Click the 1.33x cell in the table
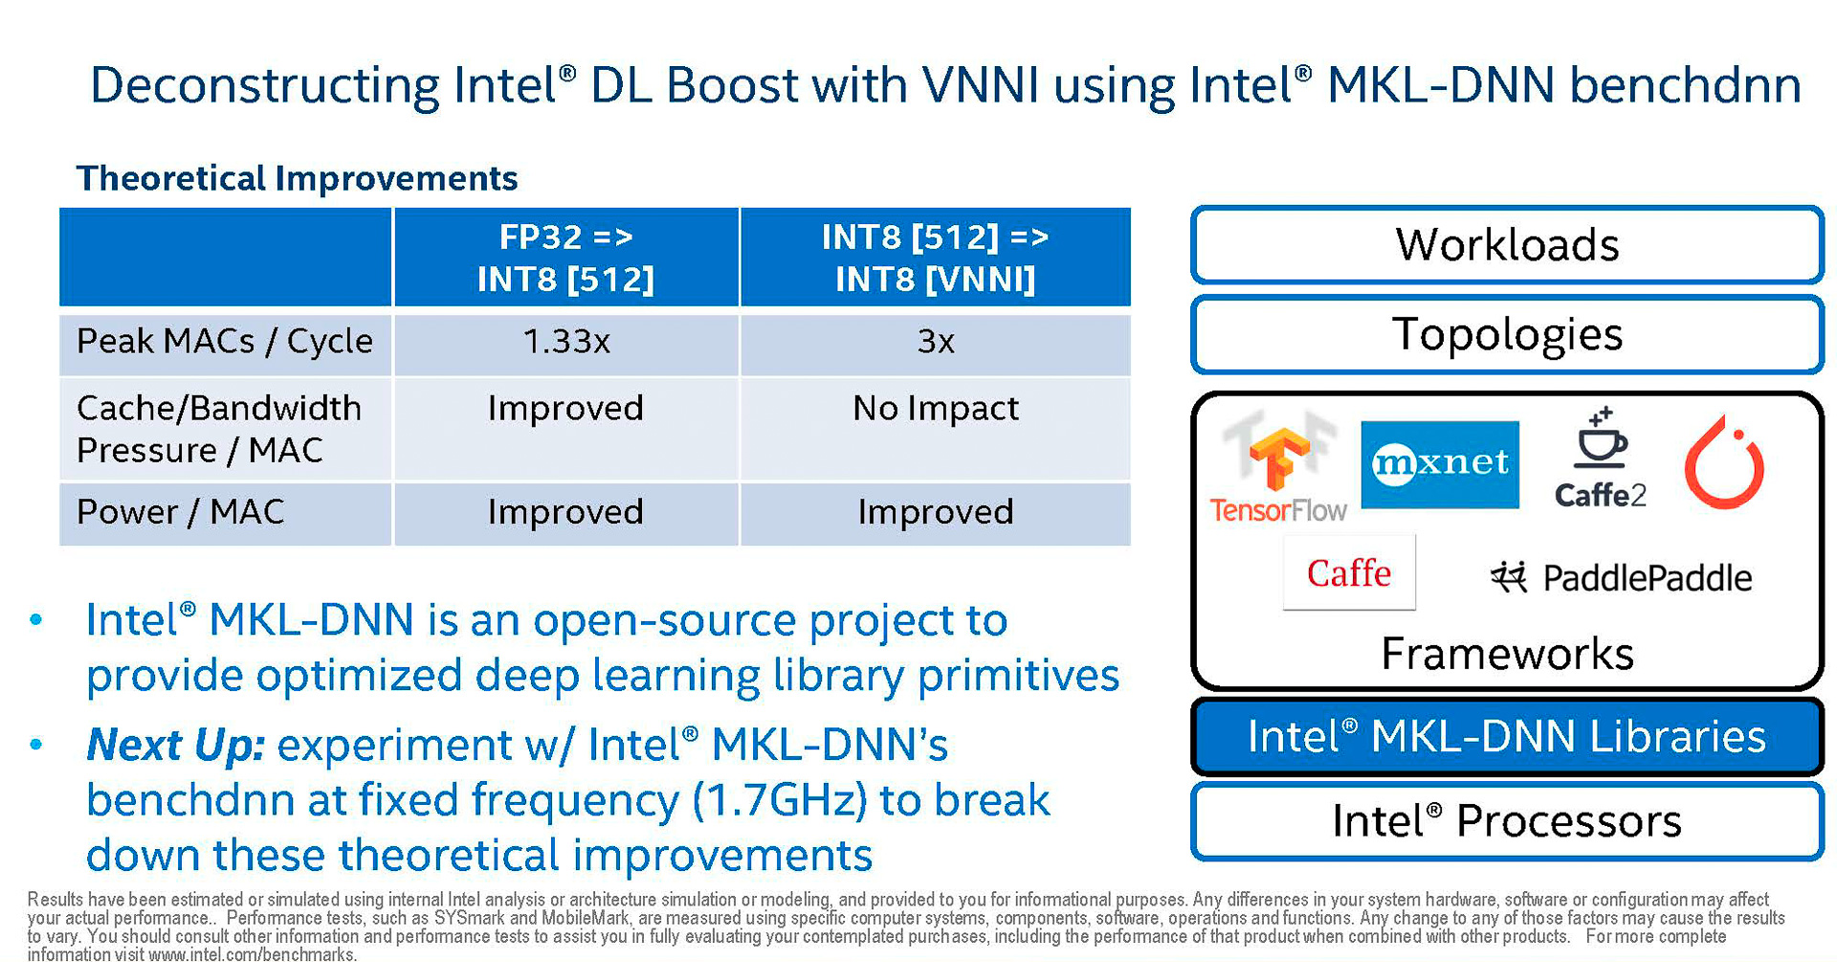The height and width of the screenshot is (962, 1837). tap(566, 342)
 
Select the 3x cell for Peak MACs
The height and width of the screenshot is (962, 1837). tap(935, 342)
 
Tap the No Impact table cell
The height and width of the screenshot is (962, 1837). tap(935, 409)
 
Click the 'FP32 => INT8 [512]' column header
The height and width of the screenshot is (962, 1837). tap(565, 257)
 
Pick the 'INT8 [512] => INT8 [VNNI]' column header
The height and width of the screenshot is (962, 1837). tap(935, 257)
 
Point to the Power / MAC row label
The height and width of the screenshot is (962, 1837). tap(181, 512)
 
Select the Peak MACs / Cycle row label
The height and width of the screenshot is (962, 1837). tap(224, 342)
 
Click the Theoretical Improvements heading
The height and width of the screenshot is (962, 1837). tap(297, 178)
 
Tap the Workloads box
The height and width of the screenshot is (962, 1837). tap(1507, 245)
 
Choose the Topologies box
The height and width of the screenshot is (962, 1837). tap(1507, 335)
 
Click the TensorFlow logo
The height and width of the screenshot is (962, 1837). tap(1278, 469)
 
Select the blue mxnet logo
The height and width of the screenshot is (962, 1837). tap(1440, 464)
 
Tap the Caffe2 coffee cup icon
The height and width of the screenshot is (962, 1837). tap(1601, 440)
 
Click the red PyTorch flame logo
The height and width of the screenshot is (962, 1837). tap(1724, 463)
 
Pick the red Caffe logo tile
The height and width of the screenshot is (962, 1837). tap(1349, 573)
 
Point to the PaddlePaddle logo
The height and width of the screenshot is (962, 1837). tap(1622, 577)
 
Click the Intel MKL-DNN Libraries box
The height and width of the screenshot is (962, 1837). tap(1507, 737)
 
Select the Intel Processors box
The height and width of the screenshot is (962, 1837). tap(1507, 821)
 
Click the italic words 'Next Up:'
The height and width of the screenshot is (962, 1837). tap(175, 745)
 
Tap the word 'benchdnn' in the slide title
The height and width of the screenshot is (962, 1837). tap(1685, 85)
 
